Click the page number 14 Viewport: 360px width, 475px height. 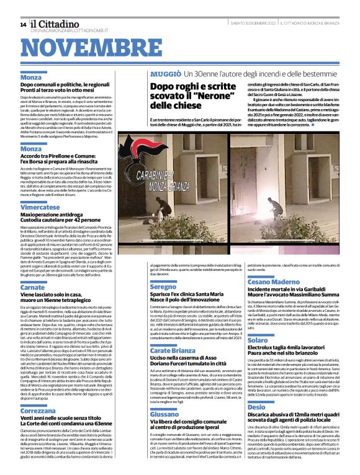[24, 24]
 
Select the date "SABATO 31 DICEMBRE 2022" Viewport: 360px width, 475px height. [250, 24]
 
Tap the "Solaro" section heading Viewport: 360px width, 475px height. [258, 340]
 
